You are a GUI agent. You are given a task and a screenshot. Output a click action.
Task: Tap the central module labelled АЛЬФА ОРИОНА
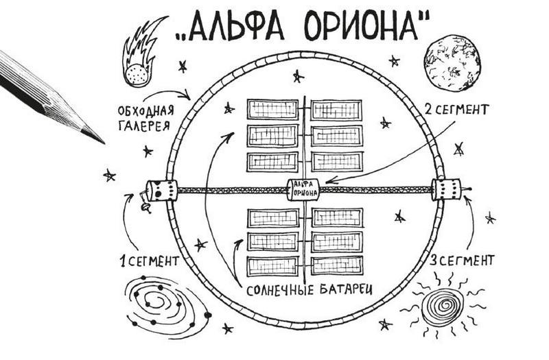(x=305, y=189)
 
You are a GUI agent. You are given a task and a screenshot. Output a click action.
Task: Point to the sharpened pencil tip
(x=96, y=137)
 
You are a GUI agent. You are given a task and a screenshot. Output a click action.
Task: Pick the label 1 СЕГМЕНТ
(x=148, y=261)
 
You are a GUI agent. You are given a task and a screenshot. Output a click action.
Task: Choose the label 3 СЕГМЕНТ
(x=461, y=261)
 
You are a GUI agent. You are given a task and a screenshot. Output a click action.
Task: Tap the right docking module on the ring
(x=447, y=189)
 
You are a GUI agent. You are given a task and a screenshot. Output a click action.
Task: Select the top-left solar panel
(x=272, y=110)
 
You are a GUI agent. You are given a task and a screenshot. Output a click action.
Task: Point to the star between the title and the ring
(x=297, y=75)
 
